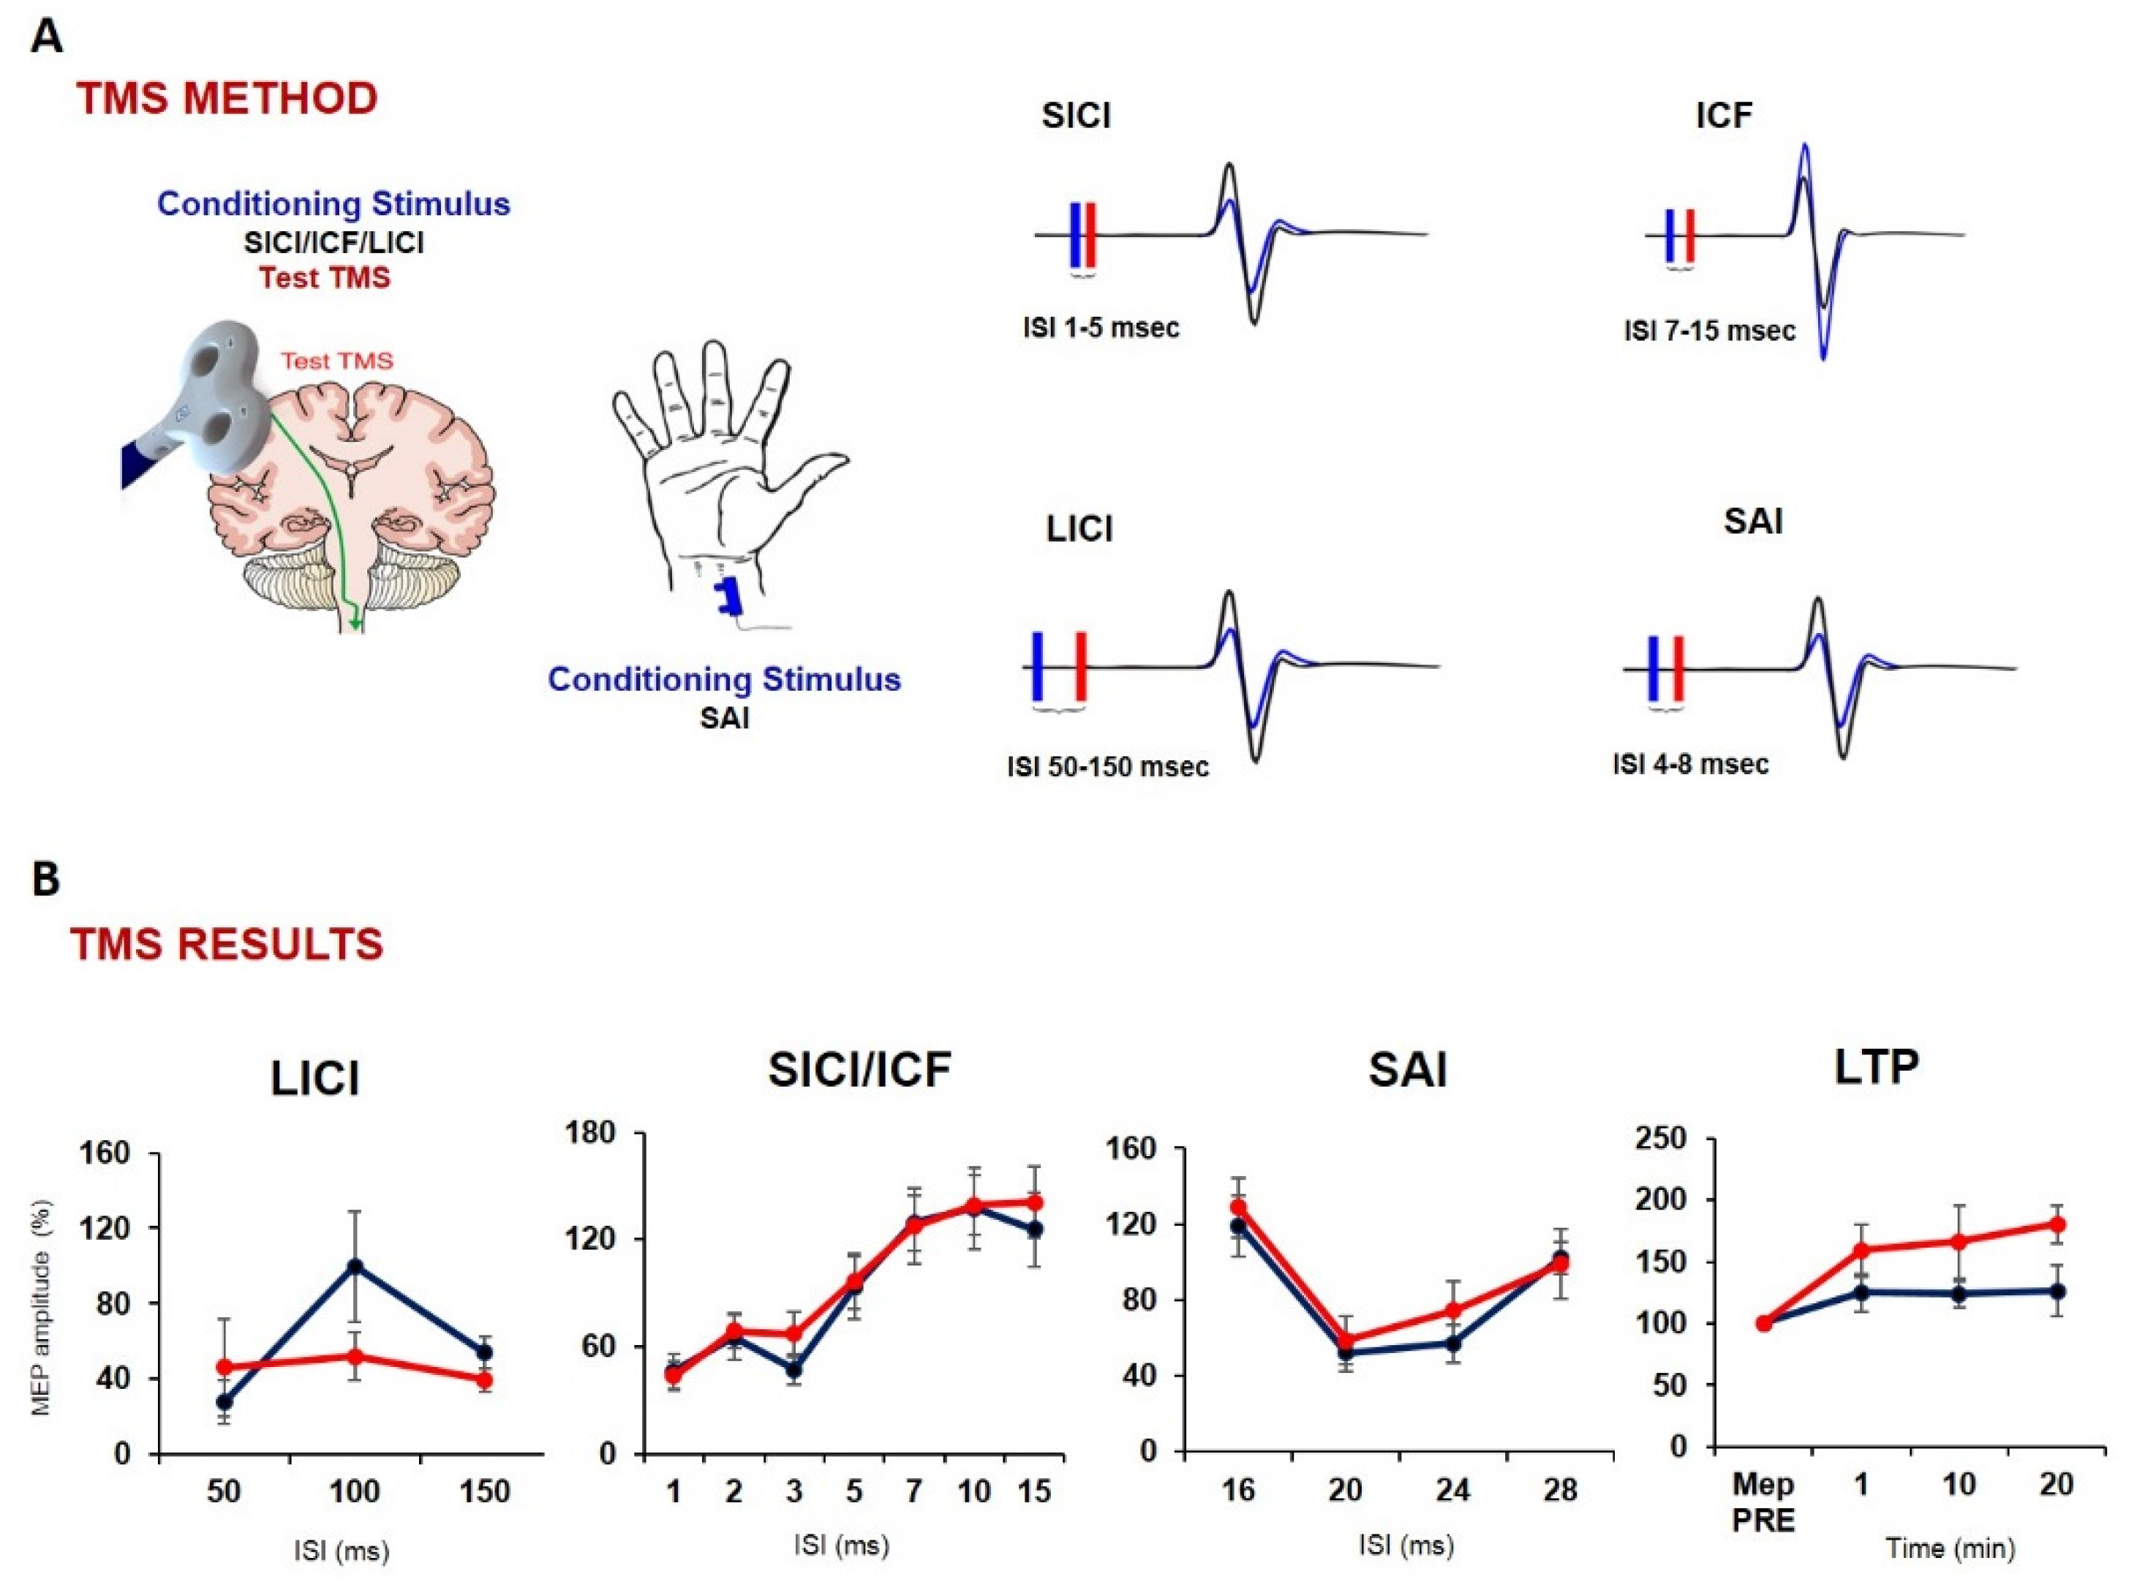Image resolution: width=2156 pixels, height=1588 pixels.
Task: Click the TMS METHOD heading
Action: (x=227, y=99)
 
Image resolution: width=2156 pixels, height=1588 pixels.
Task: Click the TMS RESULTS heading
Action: (x=227, y=945)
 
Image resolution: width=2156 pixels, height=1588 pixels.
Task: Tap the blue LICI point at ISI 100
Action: (x=355, y=1266)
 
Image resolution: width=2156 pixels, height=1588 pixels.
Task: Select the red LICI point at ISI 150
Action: (x=484, y=1380)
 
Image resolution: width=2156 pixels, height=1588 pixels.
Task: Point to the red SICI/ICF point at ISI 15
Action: (x=1035, y=1202)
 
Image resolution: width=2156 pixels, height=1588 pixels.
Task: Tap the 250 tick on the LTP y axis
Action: (x=1665, y=1139)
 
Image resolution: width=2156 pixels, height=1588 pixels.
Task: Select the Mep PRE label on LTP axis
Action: (x=1763, y=1502)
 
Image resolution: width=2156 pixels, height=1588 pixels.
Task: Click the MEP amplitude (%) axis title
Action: (x=40, y=1307)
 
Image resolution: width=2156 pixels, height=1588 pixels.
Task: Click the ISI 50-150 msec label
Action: (x=1108, y=767)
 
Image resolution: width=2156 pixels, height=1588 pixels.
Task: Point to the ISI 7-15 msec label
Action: (x=1709, y=332)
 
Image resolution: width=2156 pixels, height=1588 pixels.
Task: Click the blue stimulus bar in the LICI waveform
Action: (x=1038, y=665)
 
